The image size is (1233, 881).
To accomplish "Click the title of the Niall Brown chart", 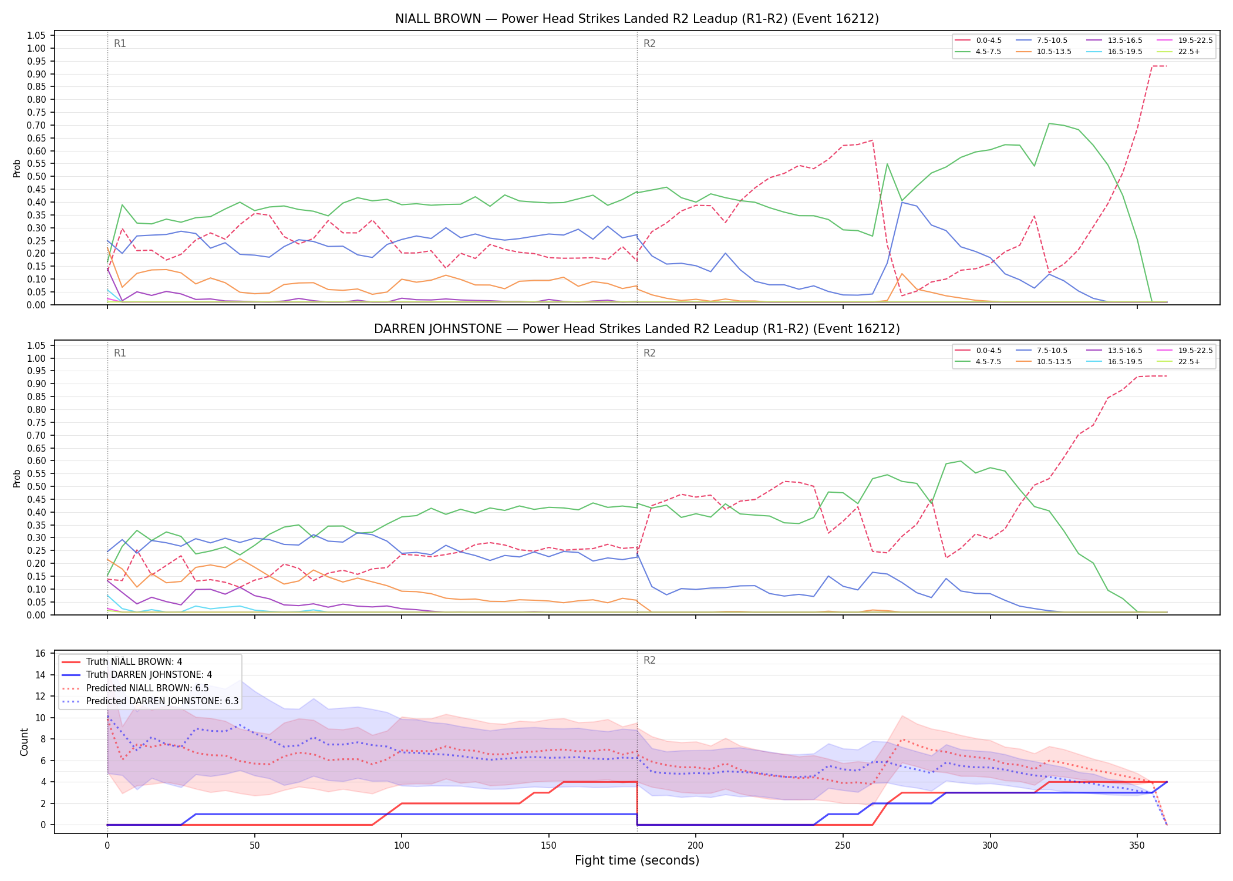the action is (x=637, y=19).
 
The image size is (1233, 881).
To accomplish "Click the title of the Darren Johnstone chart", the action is (x=637, y=329).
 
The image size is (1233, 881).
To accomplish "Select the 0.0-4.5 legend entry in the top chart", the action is (x=978, y=41).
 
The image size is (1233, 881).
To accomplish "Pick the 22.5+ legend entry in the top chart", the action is (x=1178, y=52).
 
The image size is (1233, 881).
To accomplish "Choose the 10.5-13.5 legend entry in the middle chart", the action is (x=1044, y=362).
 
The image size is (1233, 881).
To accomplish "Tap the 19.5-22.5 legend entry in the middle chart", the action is (x=1185, y=351).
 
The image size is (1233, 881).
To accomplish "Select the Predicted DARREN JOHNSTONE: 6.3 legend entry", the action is (x=150, y=701).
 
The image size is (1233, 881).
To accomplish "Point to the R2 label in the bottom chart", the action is (x=649, y=660).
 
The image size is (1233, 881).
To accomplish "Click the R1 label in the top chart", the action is (x=120, y=43).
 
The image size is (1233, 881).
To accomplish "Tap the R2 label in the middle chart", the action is (x=649, y=353).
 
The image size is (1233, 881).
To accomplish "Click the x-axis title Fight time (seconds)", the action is (x=637, y=860).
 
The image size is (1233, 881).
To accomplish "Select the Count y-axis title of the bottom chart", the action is (x=24, y=742).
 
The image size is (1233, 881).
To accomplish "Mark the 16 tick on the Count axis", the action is (x=41, y=654).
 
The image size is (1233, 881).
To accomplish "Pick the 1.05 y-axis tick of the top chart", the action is (x=36, y=36).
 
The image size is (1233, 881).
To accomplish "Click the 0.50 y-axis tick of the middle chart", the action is (x=36, y=486).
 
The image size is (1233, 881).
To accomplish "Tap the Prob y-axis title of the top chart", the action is (x=17, y=168).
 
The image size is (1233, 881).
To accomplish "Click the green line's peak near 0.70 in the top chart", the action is (x=1049, y=123).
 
